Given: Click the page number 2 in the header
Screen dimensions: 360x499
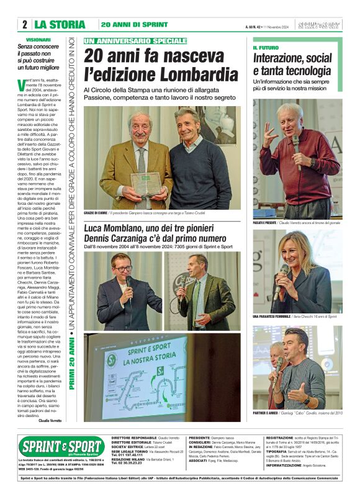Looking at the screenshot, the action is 24,25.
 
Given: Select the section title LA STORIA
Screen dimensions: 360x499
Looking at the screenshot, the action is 60,25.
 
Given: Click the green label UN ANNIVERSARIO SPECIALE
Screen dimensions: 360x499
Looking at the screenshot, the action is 135,40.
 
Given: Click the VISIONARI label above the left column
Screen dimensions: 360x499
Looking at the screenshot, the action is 47,39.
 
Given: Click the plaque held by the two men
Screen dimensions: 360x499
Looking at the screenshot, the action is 148,182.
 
